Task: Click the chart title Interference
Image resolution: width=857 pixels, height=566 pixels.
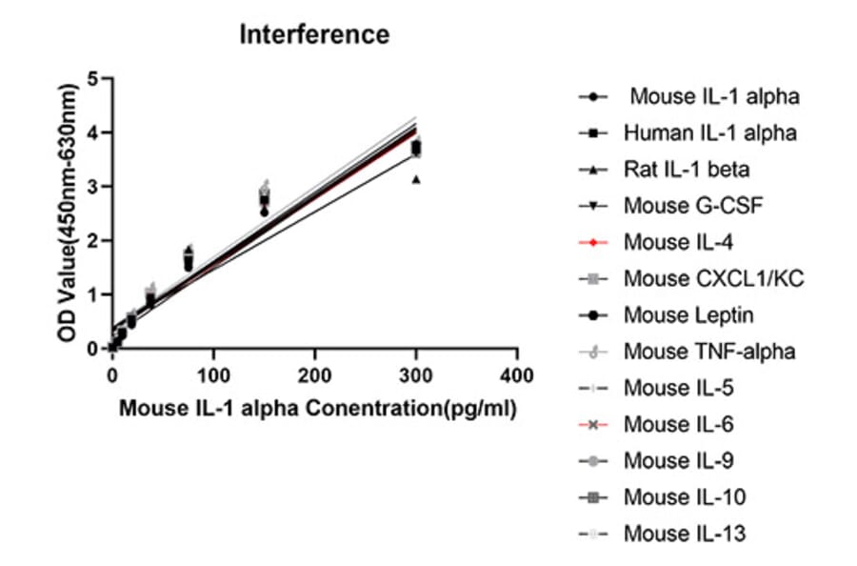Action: (x=313, y=35)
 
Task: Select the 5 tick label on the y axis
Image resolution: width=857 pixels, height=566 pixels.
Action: (x=92, y=78)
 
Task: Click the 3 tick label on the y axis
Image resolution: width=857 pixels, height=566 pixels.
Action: (x=92, y=187)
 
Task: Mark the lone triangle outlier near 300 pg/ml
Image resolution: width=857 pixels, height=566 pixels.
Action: (x=415, y=179)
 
